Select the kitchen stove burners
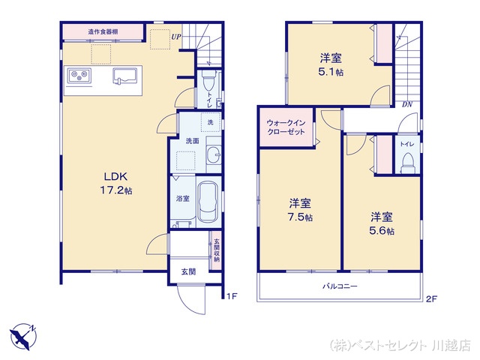coord(79,75)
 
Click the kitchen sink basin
coord(125,76)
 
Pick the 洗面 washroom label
coord(192,140)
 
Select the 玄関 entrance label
coord(188,271)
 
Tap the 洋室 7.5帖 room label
coord(301,209)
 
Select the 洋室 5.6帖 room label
coord(381,223)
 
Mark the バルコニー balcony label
coord(340,286)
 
